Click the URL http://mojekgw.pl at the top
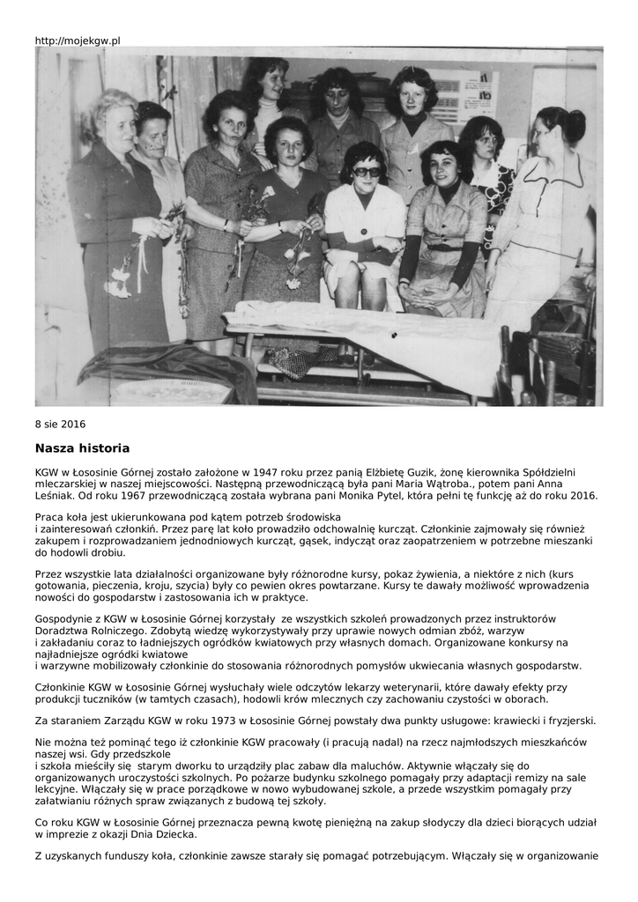78,41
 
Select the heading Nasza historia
83,447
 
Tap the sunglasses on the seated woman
366,172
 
